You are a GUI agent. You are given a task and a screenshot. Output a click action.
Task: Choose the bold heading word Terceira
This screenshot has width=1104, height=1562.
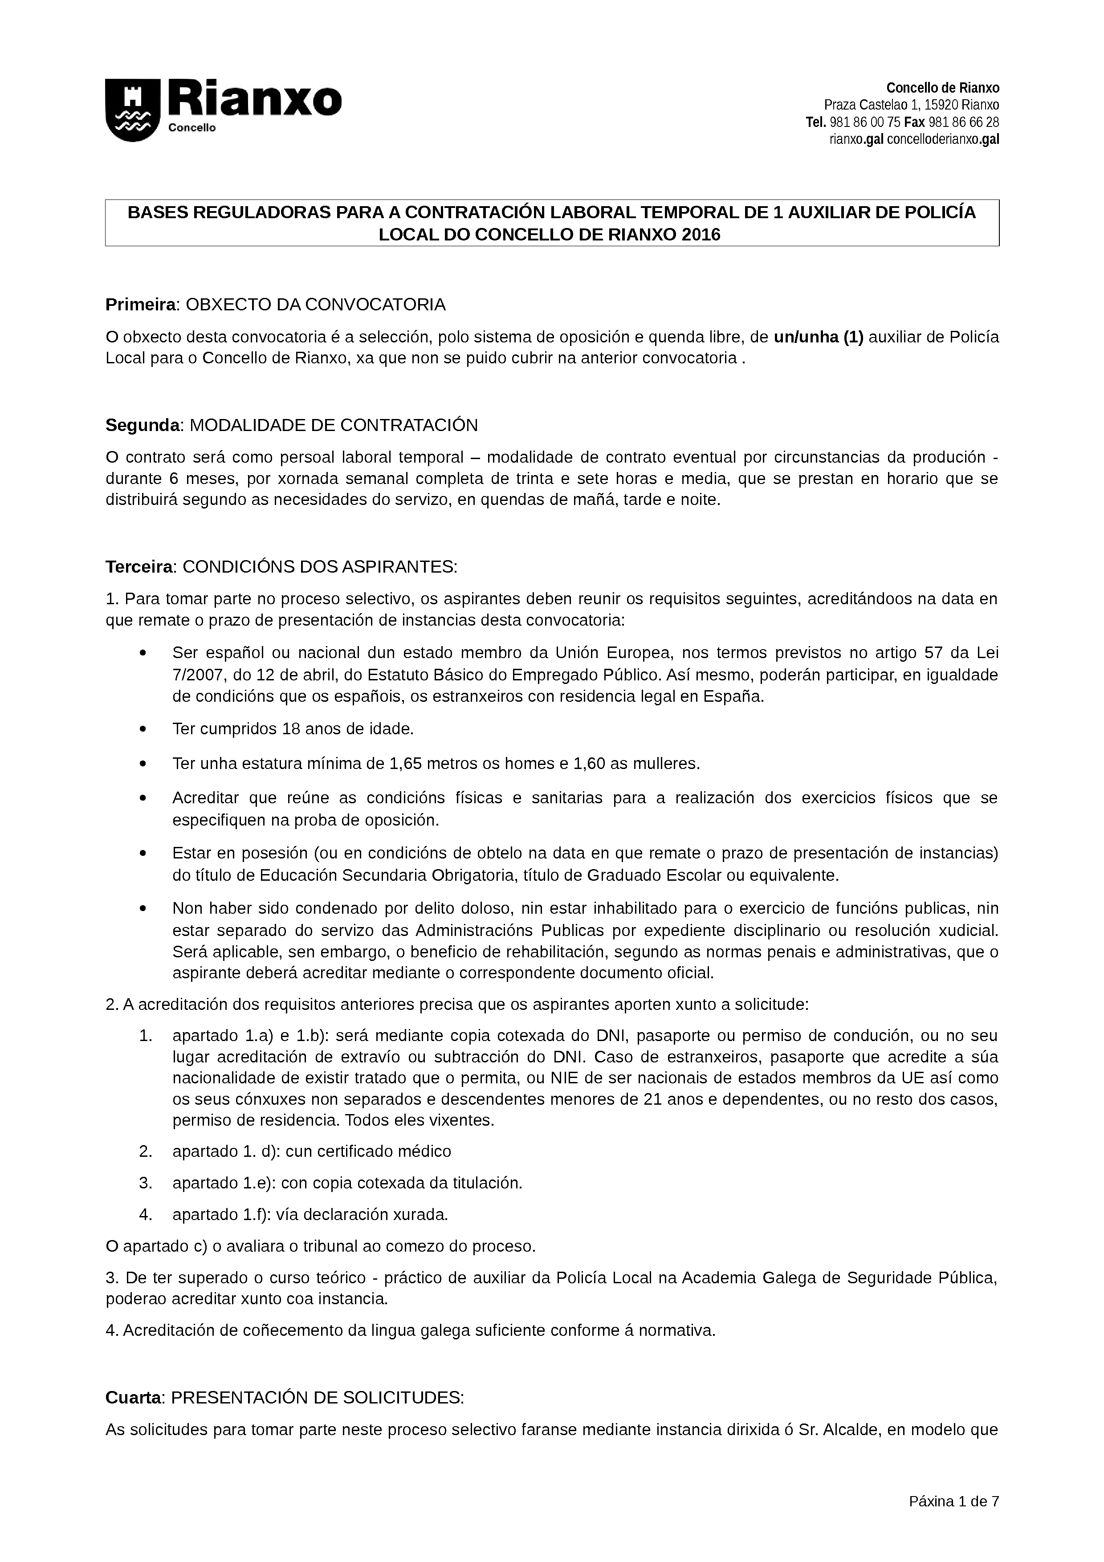[x=141, y=567]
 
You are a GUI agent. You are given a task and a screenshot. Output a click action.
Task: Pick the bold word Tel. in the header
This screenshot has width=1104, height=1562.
[x=815, y=122]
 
